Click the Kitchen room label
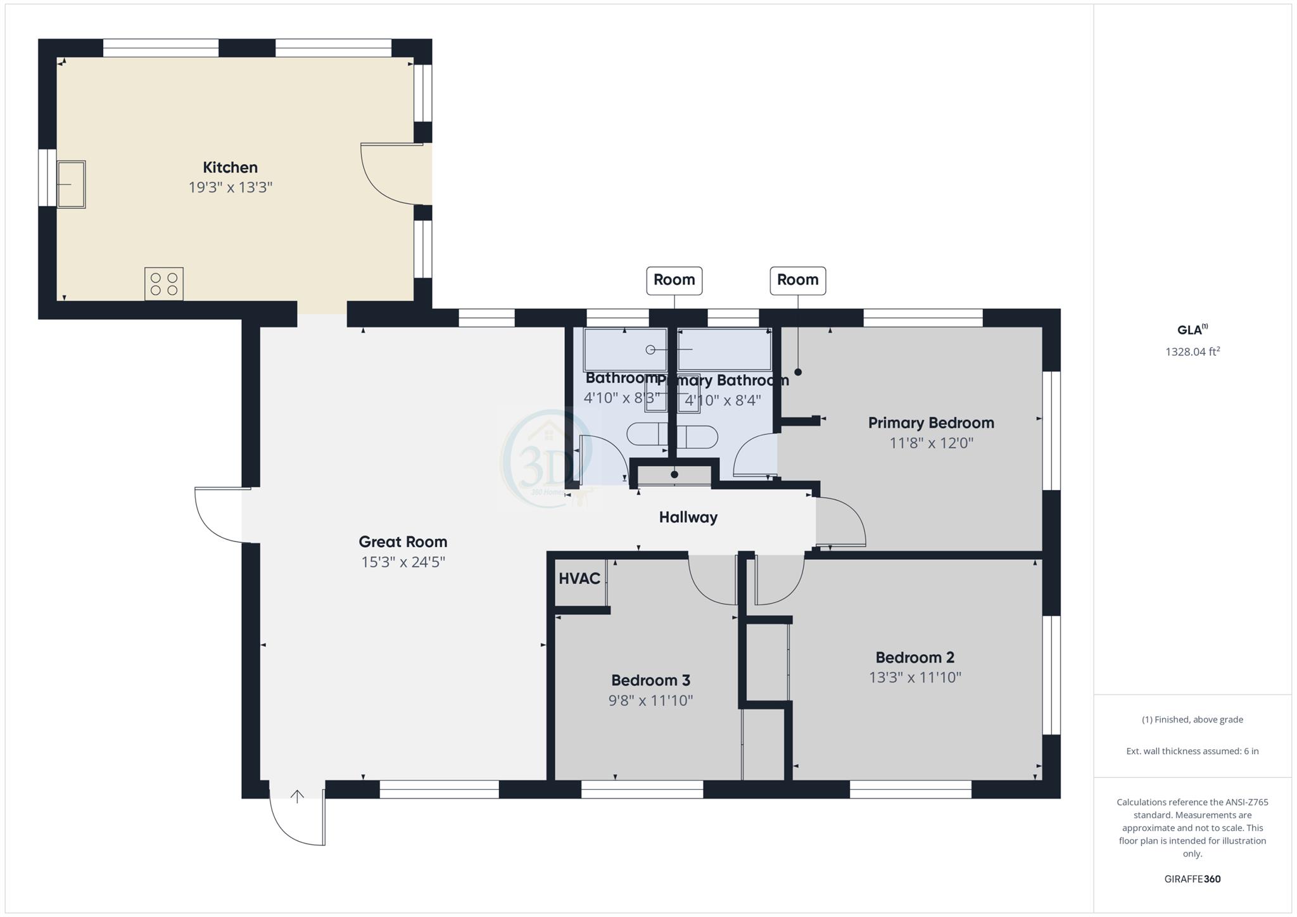click(230, 168)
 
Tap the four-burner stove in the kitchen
click(164, 284)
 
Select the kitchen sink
click(71, 184)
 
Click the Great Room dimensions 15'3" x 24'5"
click(403, 562)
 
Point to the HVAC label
click(579, 578)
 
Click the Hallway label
click(688, 517)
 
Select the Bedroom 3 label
click(650, 680)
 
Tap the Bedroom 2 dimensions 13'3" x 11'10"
click(914, 678)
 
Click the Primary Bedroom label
click(930, 423)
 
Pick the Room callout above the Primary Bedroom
click(797, 280)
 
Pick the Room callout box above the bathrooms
click(674, 280)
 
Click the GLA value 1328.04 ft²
click(1192, 352)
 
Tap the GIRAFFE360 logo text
click(1192, 879)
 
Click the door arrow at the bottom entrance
click(297, 796)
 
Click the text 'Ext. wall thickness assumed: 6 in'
click(1192, 751)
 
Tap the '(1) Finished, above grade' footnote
click(1192, 719)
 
